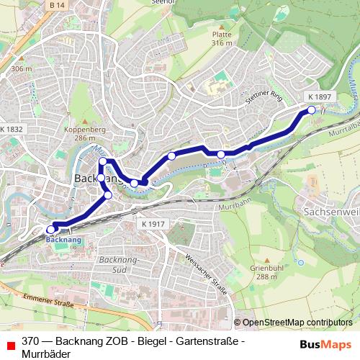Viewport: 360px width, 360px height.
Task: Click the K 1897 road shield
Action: (319, 96)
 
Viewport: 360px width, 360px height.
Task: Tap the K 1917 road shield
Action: (154, 224)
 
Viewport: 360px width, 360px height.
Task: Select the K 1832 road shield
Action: (12, 129)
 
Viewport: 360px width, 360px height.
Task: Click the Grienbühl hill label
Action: (264, 272)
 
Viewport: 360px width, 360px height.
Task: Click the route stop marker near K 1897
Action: (312, 110)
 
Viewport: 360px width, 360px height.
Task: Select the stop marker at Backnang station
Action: (50, 230)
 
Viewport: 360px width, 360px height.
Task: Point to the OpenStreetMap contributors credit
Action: (297, 323)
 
